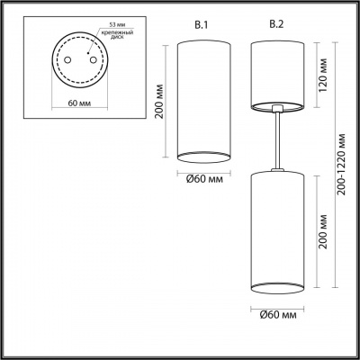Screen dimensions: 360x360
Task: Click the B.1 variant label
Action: [x=202, y=25]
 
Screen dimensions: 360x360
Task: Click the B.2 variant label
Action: [x=276, y=24]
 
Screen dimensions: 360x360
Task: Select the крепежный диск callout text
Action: [x=117, y=34]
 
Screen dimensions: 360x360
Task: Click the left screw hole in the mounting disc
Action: [x=67, y=60]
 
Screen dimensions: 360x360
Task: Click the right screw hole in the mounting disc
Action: [x=93, y=60]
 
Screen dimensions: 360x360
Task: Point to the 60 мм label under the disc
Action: [x=79, y=103]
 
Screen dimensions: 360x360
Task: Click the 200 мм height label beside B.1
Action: [x=159, y=101]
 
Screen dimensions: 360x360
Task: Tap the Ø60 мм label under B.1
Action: [x=204, y=179]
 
